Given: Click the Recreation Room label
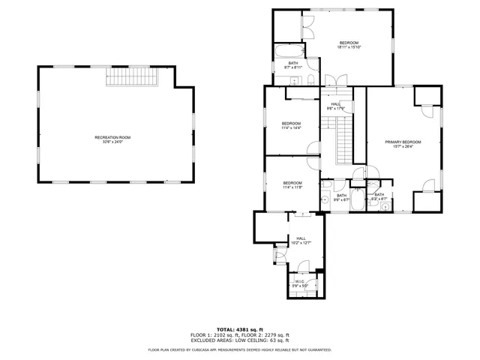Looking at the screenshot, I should coord(112,139).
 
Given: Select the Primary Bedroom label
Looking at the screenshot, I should coord(403,144).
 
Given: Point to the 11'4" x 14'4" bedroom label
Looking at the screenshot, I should coord(291,125).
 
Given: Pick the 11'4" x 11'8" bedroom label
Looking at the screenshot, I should coord(292,185).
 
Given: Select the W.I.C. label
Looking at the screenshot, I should coord(299,283).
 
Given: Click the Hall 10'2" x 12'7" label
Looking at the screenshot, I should coord(300,241).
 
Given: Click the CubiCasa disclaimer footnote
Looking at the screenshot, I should coord(239,349).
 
